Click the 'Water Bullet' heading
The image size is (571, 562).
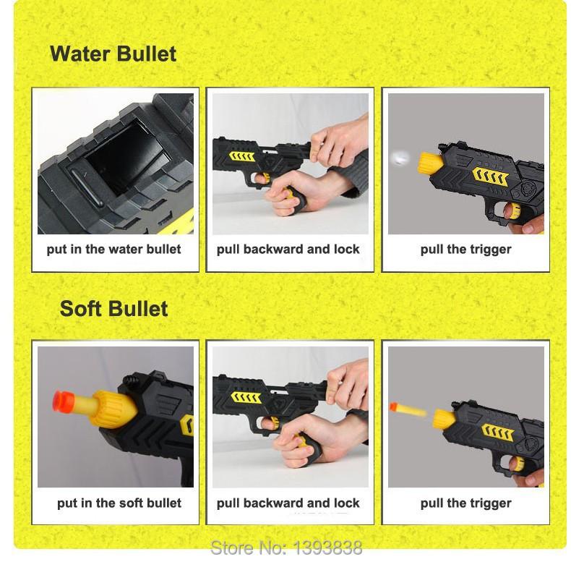click(113, 54)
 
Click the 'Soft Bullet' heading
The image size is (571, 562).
click(113, 309)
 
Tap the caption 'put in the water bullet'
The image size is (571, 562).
click(113, 250)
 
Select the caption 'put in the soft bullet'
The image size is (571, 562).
click(119, 503)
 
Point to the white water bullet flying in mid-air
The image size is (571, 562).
click(400, 158)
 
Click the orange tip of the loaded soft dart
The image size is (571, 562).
click(63, 401)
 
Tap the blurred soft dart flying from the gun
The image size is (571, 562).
click(408, 409)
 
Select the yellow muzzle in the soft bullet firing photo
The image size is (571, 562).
click(444, 420)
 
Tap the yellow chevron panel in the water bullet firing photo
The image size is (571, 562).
click(490, 176)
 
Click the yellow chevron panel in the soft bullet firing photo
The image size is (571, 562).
click(497, 433)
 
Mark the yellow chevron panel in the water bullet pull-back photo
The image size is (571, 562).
click(241, 157)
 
